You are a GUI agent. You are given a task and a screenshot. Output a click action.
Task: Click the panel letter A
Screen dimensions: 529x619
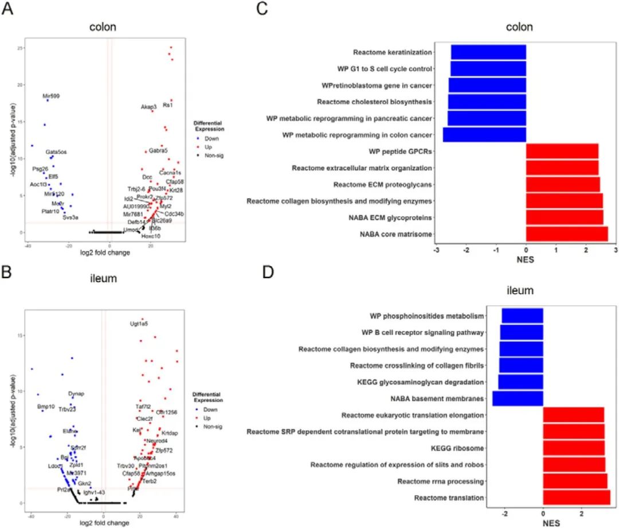pyautogui.click(x=7, y=11)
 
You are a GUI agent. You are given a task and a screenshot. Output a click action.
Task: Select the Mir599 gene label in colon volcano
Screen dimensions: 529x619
pyautogui.click(x=54, y=96)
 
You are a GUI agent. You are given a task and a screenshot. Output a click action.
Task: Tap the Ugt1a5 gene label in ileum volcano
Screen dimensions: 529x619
pyautogui.click(x=139, y=324)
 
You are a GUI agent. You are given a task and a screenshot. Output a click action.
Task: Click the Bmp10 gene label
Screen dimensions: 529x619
pyautogui.click(x=46, y=407)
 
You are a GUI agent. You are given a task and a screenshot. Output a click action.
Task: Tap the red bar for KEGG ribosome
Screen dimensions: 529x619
pyautogui.click(x=574, y=448)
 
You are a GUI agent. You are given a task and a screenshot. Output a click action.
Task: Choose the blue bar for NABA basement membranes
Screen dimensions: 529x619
pyautogui.click(x=518, y=398)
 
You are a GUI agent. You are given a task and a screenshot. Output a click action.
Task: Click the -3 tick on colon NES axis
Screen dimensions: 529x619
pyautogui.click(x=437, y=251)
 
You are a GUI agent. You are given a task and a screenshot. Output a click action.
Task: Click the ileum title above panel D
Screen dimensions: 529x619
pyautogui.click(x=519, y=291)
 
